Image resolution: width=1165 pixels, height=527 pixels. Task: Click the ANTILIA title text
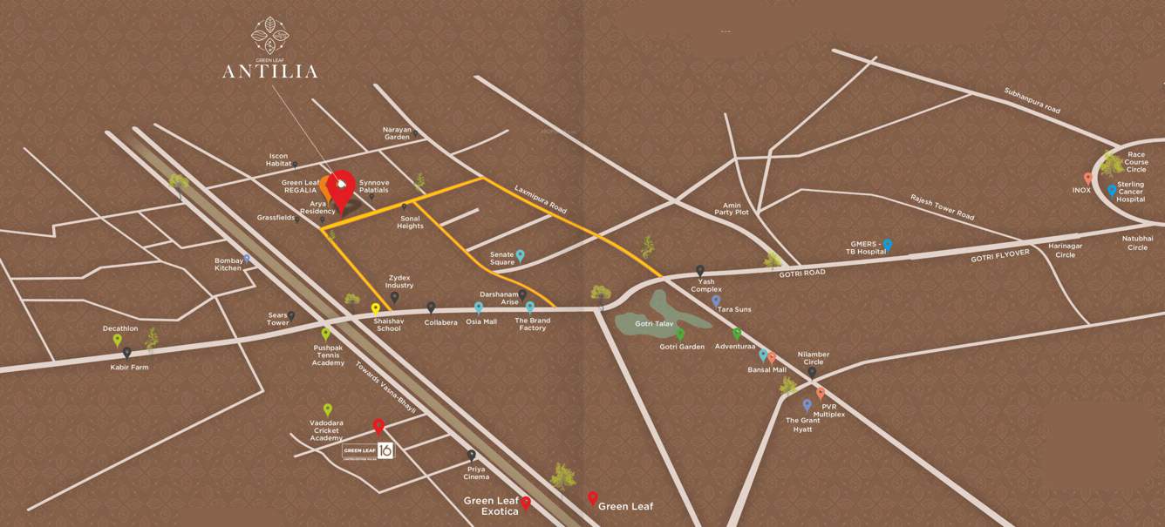click(x=269, y=71)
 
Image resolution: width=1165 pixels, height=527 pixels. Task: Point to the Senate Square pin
click(x=520, y=255)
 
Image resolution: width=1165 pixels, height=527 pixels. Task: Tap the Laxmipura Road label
click(x=541, y=199)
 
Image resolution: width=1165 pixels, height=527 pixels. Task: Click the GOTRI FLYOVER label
click(x=1000, y=255)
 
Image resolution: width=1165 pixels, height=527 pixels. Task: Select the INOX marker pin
click(x=1088, y=178)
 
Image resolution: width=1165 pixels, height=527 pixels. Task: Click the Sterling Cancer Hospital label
click(x=1130, y=192)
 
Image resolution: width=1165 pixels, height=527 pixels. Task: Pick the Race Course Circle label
click(x=1135, y=162)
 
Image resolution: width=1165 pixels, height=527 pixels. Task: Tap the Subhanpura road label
click(x=1032, y=101)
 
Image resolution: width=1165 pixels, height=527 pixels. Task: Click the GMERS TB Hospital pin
click(x=887, y=245)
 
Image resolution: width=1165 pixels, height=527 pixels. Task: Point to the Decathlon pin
click(x=118, y=340)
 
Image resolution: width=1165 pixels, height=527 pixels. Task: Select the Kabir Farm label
click(x=129, y=368)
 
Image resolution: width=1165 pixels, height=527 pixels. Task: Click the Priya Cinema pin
click(x=472, y=455)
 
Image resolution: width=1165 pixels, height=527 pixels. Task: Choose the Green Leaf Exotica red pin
click(x=526, y=503)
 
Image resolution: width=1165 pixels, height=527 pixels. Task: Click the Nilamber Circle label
click(x=813, y=358)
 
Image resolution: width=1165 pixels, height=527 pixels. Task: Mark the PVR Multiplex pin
click(x=821, y=393)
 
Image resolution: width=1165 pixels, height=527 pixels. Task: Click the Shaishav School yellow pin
click(x=376, y=308)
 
